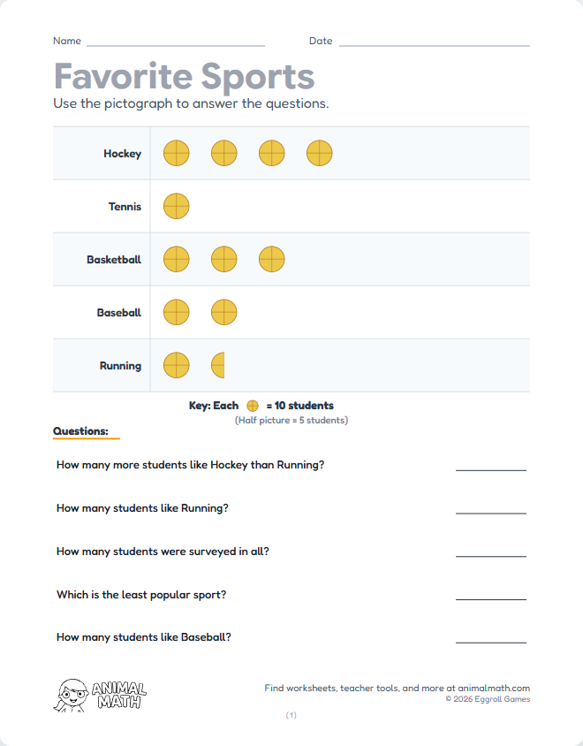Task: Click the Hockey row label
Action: coord(122,154)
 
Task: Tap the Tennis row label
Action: coord(125,207)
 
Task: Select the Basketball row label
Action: coord(114,260)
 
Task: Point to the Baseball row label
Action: coord(119,313)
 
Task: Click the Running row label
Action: coord(120,366)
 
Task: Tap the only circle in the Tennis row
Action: coord(177,206)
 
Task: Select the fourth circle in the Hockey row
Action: coord(320,153)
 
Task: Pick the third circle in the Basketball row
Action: coord(272,259)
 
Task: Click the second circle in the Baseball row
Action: coord(224,312)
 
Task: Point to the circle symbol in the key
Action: coord(252,406)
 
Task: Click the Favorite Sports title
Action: coord(184,77)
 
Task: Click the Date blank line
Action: coord(434,44)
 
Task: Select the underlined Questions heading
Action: coord(80,431)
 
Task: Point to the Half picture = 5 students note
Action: coord(291,420)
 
